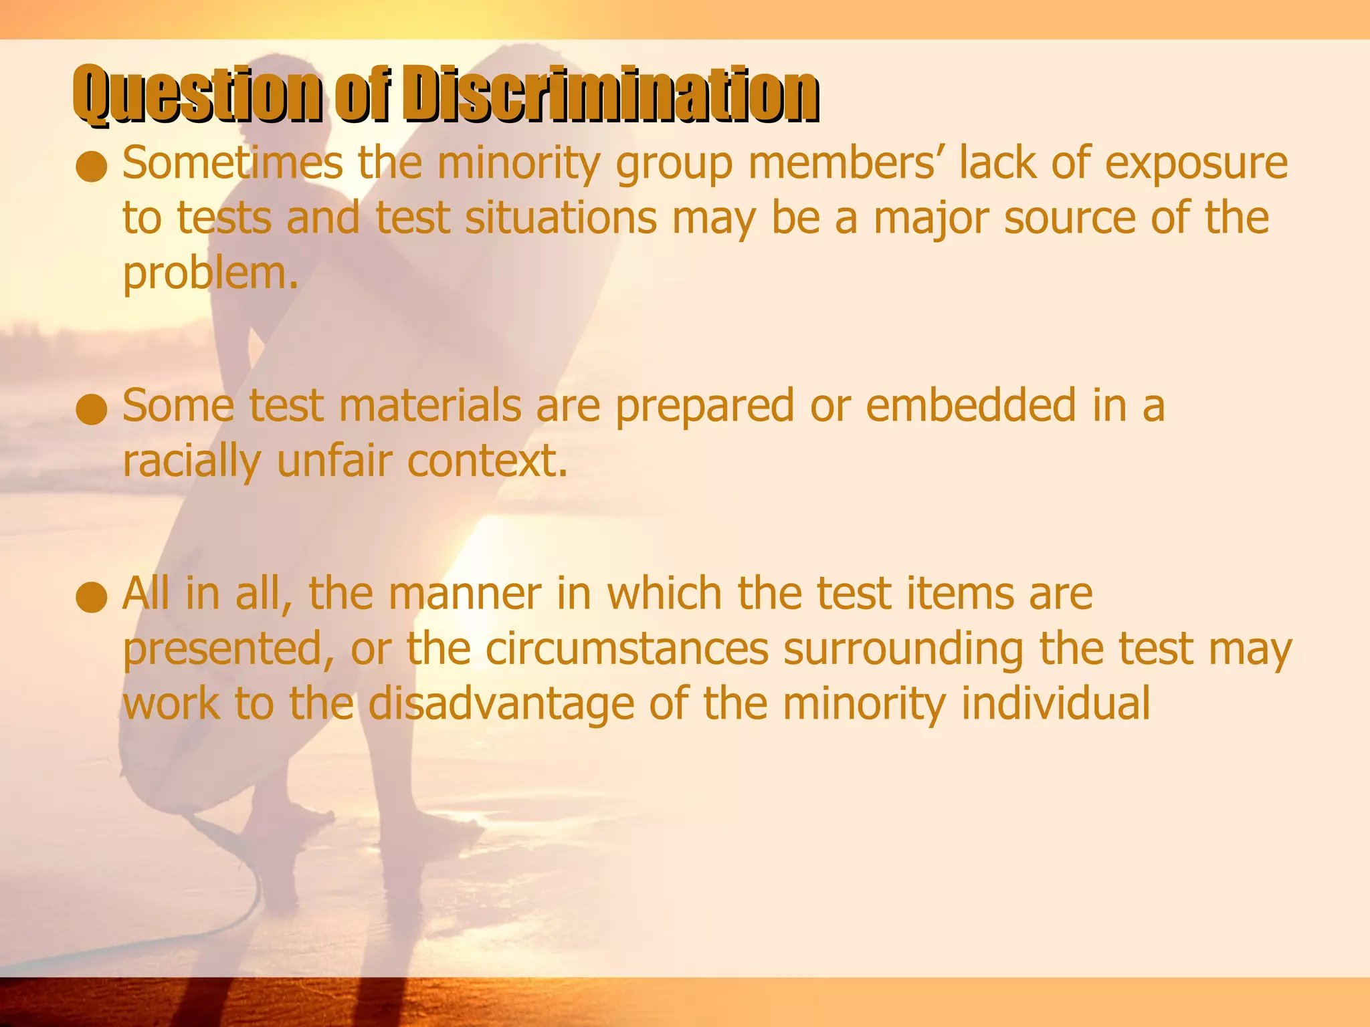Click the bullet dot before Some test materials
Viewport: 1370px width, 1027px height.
coord(92,410)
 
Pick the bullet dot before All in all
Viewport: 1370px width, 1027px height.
coord(92,598)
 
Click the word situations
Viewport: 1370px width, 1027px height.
coord(561,219)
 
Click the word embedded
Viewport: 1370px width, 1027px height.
coord(971,407)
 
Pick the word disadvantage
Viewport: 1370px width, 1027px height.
coord(501,705)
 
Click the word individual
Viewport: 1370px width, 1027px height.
coord(1056,704)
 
